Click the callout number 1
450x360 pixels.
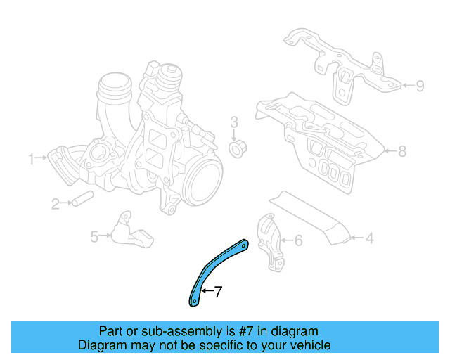31,159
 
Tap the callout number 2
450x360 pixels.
55,204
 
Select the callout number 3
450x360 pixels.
235,123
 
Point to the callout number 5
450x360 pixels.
94,237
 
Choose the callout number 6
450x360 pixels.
297,241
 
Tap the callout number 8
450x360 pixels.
401,150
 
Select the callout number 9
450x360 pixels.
420,86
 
